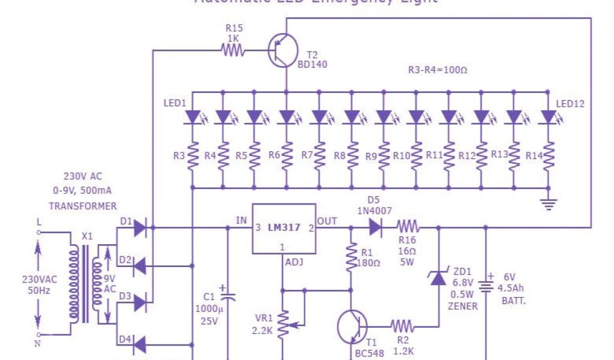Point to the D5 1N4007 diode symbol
coord(375,227)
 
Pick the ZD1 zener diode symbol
coord(438,278)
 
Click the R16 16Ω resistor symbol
coord(408,227)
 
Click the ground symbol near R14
coord(548,203)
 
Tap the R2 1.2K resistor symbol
coord(401,326)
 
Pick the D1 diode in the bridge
coord(139,227)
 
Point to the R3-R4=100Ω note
coord(437,70)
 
